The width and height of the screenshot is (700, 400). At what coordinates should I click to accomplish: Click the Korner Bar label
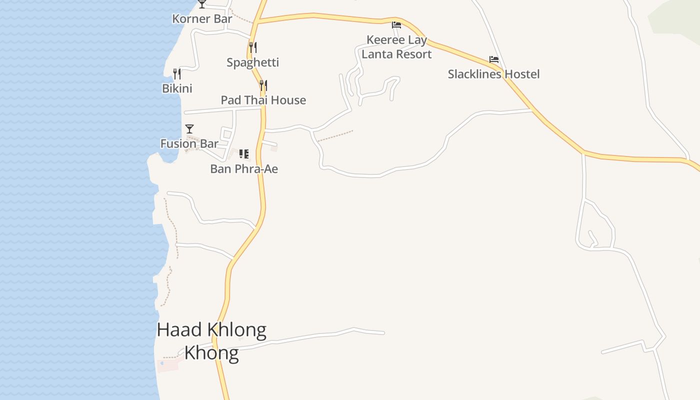pos(202,19)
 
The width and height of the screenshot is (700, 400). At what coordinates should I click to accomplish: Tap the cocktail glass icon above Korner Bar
pos(202,4)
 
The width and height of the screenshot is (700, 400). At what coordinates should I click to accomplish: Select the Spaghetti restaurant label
pos(252,62)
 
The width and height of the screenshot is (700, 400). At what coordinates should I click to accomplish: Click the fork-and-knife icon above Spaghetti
pos(253,47)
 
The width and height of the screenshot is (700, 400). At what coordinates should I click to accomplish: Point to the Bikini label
pos(177,88)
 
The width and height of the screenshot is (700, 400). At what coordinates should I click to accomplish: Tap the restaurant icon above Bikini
pos(177,74)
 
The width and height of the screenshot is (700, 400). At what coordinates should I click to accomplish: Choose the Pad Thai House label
pos(263,100)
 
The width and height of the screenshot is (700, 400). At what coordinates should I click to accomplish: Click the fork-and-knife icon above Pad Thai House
pos(263,85)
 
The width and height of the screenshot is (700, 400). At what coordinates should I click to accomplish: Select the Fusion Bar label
pos(189,143)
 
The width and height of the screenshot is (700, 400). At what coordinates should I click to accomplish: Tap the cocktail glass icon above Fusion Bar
pos(189,129)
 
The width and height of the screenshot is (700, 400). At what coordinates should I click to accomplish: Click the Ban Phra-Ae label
pos(244,169)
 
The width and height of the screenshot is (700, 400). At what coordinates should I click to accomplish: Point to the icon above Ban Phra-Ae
pos(244,154)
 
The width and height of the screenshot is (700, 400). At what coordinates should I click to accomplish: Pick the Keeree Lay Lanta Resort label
pos(396,47)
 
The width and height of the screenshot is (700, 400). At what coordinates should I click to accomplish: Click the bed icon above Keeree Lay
pos(396,25)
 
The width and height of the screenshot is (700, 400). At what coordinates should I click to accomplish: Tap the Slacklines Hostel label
pos(493,74)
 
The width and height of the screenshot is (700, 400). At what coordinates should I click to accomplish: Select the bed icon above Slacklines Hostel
pos(494,59)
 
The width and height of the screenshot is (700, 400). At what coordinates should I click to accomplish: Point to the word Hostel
pos(522,74)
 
